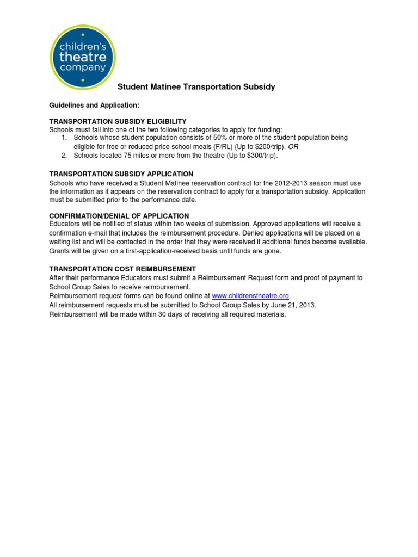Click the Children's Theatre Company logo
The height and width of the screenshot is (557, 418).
pos(82,57)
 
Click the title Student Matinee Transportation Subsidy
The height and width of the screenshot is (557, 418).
pos(196,87)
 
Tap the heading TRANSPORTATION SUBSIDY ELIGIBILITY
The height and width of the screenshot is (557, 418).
pos(118,121)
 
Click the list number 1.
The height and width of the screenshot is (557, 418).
pos(64,138)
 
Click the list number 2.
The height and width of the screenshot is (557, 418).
pos(64,156)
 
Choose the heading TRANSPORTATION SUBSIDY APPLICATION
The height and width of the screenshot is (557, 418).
pos(121,174)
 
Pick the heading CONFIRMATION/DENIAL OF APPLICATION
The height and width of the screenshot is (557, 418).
pos(119,216)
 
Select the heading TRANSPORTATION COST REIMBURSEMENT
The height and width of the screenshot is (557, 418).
pos(122,269)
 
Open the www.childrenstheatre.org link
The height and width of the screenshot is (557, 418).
pos(250,296)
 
